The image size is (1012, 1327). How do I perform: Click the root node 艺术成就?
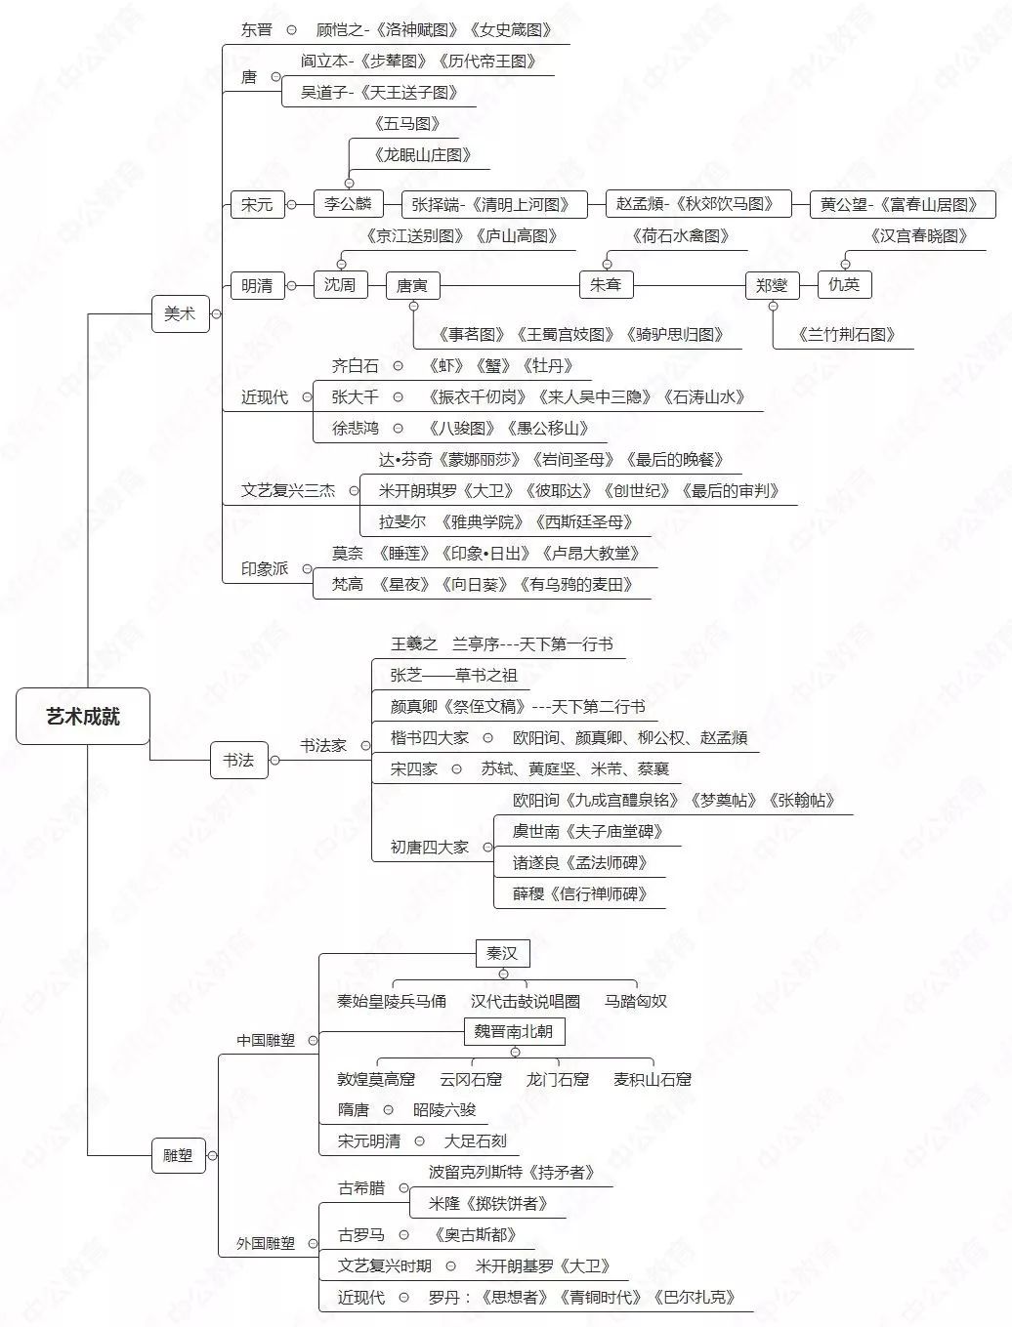point(83,716)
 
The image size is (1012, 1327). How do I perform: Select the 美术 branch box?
point(181,313)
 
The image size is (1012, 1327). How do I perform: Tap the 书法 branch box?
point(238,760)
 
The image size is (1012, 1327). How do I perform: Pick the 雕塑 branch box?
point(178,1155)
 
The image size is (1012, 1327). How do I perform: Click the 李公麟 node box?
point(349,204)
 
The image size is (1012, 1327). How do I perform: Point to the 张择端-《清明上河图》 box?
point(494,204)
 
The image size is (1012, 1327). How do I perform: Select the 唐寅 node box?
point(412,285)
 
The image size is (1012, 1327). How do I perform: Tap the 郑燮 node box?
point(772,285)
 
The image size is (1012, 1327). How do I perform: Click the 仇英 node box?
point(844,284)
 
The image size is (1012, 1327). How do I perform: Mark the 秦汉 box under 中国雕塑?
point(502,952)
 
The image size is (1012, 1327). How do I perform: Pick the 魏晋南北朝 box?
point(514,1031)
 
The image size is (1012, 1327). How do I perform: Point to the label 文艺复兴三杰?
point(288,490)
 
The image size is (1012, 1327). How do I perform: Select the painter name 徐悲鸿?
point(355,428)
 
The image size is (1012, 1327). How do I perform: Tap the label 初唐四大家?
point(430,848)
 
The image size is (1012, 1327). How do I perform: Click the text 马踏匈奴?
point(636,1001)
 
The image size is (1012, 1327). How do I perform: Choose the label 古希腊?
point(361,1188)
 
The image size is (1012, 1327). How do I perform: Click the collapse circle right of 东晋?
point(291,30)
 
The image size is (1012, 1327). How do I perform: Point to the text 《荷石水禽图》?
point(681,235)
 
